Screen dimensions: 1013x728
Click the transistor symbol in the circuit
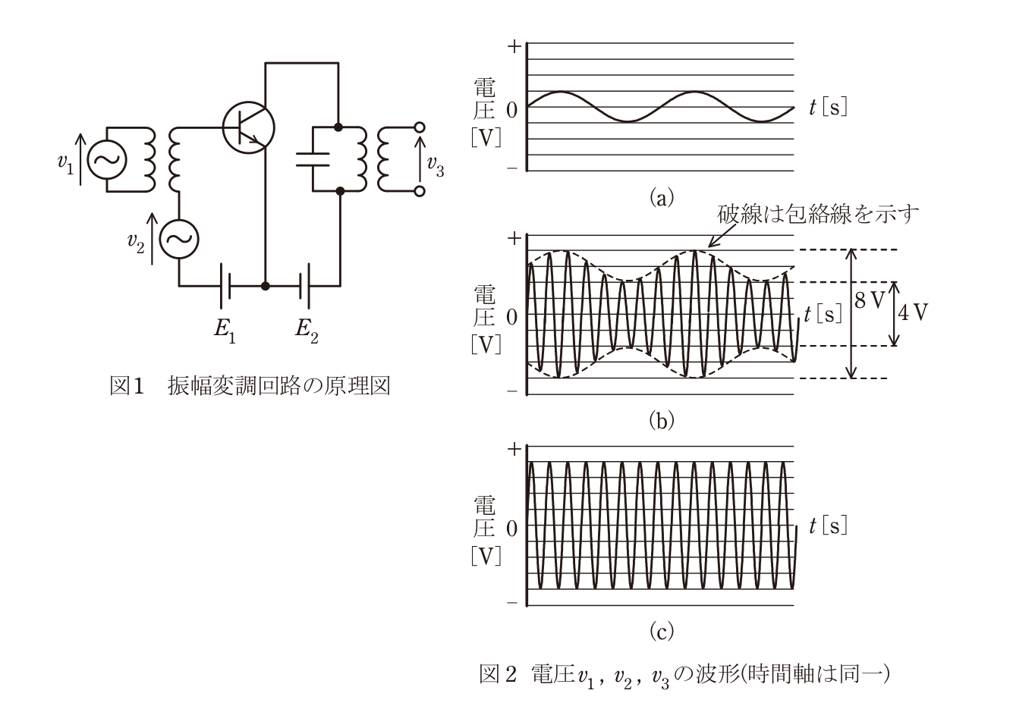[248, 128]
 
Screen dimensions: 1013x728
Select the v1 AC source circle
[107, 159]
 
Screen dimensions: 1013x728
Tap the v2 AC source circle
[180, 239]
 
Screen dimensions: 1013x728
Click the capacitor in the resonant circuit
[313, 159]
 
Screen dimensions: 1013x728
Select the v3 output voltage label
[436, 165]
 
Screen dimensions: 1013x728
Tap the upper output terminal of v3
[420, 127]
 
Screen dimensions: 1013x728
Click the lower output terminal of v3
[420, 192]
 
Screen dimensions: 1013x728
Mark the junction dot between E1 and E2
[266, 286]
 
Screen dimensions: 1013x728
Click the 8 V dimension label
[869, 300]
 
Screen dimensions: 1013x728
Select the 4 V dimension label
[913, 312]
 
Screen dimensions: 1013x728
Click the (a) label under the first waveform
[662, 197]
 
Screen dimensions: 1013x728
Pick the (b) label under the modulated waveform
[662, 421]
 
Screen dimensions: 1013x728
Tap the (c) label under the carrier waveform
[662, 631]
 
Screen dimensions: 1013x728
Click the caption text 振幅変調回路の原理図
[279, 386]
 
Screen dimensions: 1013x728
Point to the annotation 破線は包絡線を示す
[818, 214]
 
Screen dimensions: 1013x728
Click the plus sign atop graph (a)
[514, 46]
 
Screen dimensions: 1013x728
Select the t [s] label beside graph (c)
[828, 526]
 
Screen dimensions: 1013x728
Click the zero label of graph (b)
[512, 318]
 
